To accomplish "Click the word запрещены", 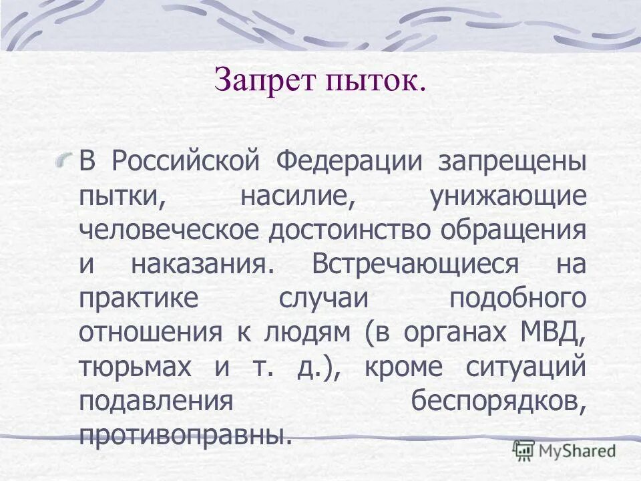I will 512,162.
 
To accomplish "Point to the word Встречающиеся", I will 414,264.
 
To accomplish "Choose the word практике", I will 138,298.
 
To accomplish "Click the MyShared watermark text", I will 577,450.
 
